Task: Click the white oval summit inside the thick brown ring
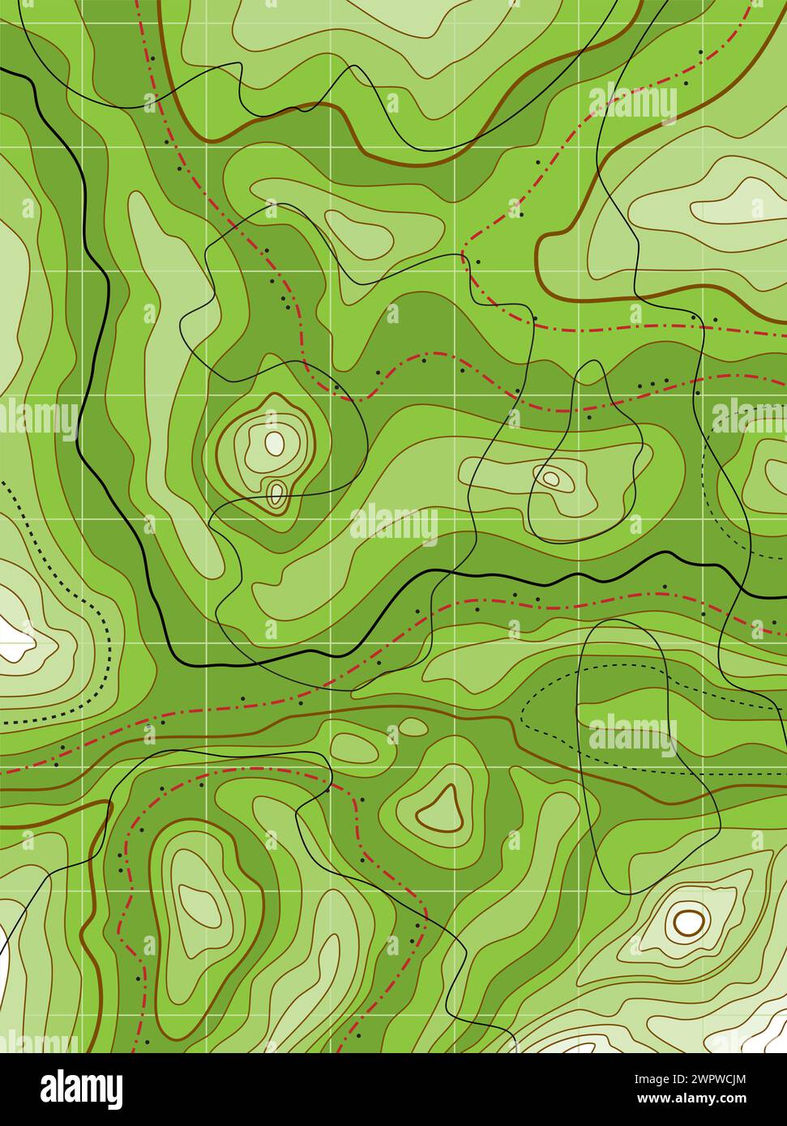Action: tap(688, 920)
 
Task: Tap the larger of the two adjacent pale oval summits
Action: tap(275, 442)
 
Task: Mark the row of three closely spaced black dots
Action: tap(652, 383)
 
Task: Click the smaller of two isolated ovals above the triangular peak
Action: tap(413, 727)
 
